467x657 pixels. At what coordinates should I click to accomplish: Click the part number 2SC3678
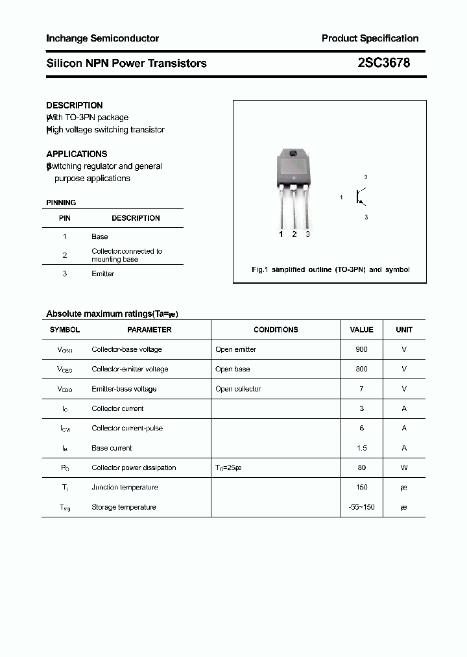point(384,63)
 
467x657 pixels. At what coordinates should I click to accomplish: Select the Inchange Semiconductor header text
point(102,38)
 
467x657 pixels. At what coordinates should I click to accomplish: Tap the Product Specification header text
point(370,38)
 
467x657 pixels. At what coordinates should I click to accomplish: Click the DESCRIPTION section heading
point(75,105)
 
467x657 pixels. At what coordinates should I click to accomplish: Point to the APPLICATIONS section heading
point(77,154)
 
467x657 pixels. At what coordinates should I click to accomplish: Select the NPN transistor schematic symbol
point(360,197)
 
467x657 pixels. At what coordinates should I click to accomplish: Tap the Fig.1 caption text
point(330,269)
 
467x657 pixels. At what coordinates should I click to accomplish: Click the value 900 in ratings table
point(361,349)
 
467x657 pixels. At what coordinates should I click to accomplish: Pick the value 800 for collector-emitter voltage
point(361,369)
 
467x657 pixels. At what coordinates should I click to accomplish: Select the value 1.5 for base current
point(361,448)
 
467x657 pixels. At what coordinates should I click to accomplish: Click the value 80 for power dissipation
point(361,467)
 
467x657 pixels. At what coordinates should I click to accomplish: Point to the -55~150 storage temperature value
point(361,507)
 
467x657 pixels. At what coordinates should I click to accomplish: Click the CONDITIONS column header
point(276,330)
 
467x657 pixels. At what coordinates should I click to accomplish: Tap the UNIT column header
point(404,330)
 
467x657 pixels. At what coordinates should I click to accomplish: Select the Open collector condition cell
point(238,389)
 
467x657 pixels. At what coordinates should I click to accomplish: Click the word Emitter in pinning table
point(102,273)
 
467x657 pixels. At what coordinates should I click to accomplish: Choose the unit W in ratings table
point(404,467)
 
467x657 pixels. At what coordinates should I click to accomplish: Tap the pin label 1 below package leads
point(281,234)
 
